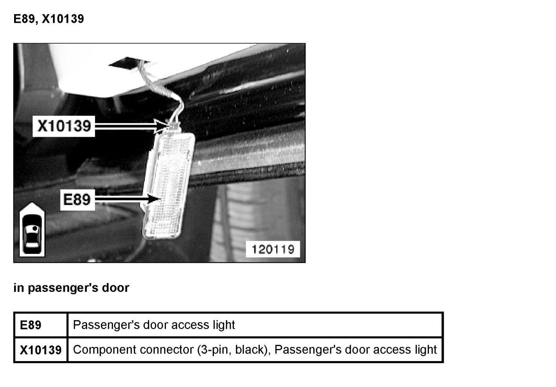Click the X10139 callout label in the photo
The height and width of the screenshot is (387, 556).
[64, 126]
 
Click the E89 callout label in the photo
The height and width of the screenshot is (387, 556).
[77, 200]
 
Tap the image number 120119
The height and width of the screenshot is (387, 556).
[273, 249]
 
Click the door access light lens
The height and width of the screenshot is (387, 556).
[169, 185]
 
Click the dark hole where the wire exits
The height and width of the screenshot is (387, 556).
[125, 63]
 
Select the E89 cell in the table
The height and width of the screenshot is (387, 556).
[31, 325]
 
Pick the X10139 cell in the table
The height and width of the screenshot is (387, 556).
[40, 350]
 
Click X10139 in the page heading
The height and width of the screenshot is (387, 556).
[63, 19]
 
